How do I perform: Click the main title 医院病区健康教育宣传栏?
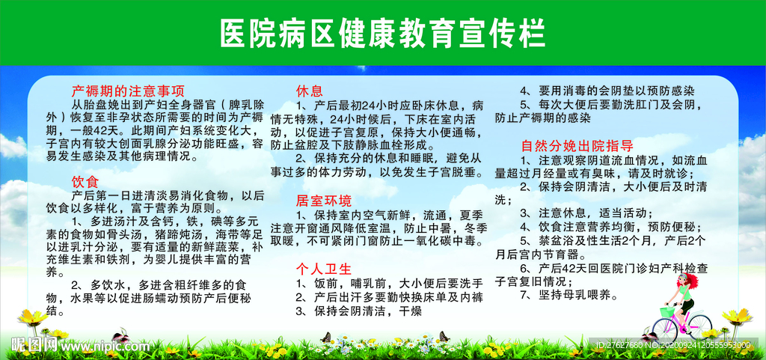click(x=382, y=33)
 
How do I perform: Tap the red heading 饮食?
click(x=85, y=181)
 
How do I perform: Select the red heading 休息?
click(x=309, y=91)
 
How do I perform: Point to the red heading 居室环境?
click(x=323, y=200)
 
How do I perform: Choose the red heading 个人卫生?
click(x=323, y=269)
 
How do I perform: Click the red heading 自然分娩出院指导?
click(x=577, y=145)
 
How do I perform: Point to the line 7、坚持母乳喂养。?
click(x=569, y=295)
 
